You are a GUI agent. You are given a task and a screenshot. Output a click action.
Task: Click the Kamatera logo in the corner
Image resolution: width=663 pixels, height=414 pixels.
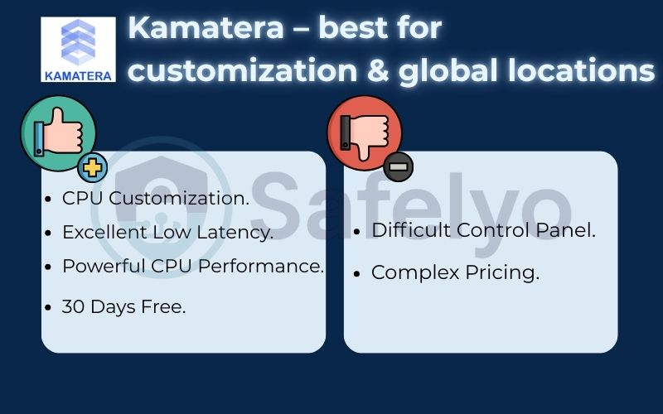pyautogui.click(x=78, y=50)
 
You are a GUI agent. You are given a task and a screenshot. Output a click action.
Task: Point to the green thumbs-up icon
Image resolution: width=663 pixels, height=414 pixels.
pyautogui.click(x=56, y=133)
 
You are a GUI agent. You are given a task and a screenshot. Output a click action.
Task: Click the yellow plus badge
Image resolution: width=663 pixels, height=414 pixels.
pyautogui.click(x=93, y=168)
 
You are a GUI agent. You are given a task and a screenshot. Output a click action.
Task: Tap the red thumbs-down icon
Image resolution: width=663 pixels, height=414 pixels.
pyautogui.click(x=365, y=133)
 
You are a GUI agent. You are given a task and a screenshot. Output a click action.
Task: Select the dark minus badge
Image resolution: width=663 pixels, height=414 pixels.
pyautogui.click(x=399, y=168)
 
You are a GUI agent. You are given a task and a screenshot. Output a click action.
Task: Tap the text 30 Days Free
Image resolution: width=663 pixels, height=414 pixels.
pyautogui.click(x=124, y=306)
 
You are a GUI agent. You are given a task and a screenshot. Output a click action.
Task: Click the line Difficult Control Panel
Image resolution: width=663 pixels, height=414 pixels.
pyautogui.click(x=483, y=230)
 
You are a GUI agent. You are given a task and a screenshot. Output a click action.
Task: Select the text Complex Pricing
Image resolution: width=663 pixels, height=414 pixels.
pyautogui.click(x=455, y=272)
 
